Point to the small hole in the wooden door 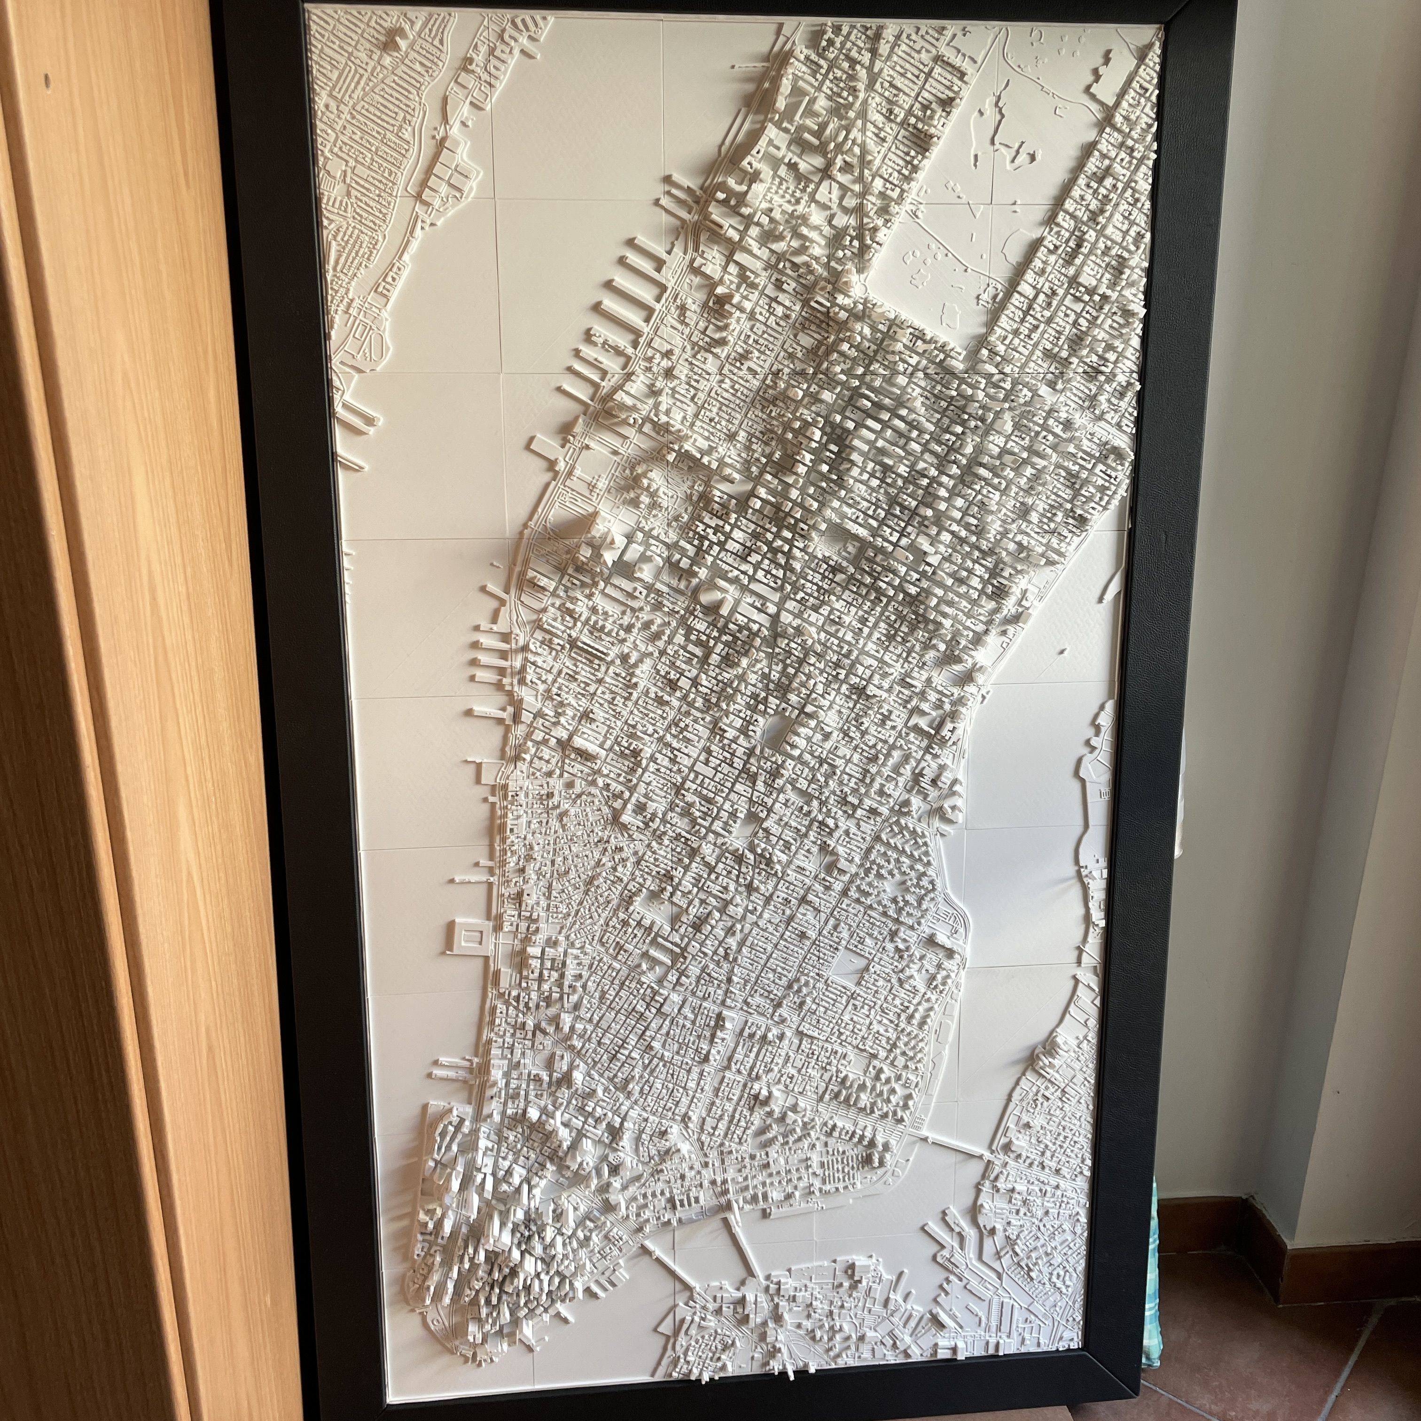(x=47, y=80)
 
